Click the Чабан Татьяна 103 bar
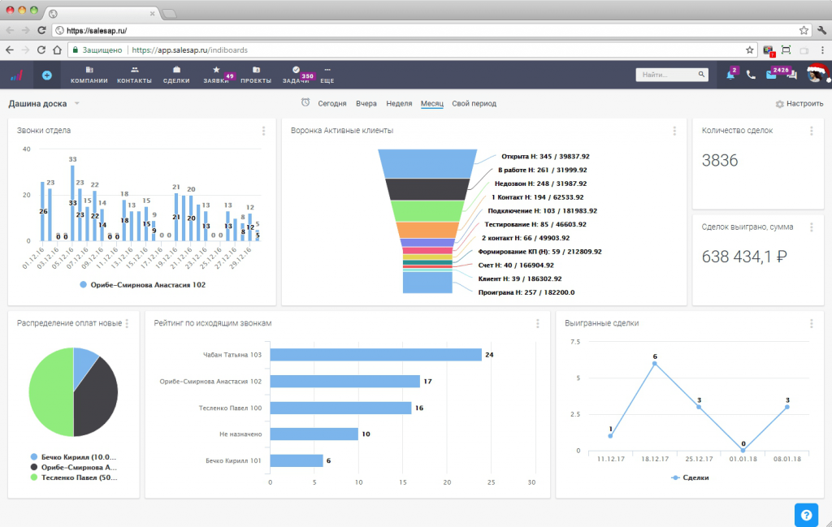[375, 355]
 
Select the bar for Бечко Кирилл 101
[296, 460]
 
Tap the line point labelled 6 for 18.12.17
[654, 363]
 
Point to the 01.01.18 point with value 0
[743, 450]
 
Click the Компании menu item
[89, 76]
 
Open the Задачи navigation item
[295, 76]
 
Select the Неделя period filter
[399, 104]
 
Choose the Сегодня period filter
[331, 104]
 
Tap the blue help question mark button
[806, 513]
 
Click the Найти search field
[666, 75]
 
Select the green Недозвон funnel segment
[427, 211]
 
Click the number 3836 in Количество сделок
[720, 161]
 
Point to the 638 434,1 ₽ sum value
[745, 257]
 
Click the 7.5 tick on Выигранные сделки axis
[575, 342]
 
